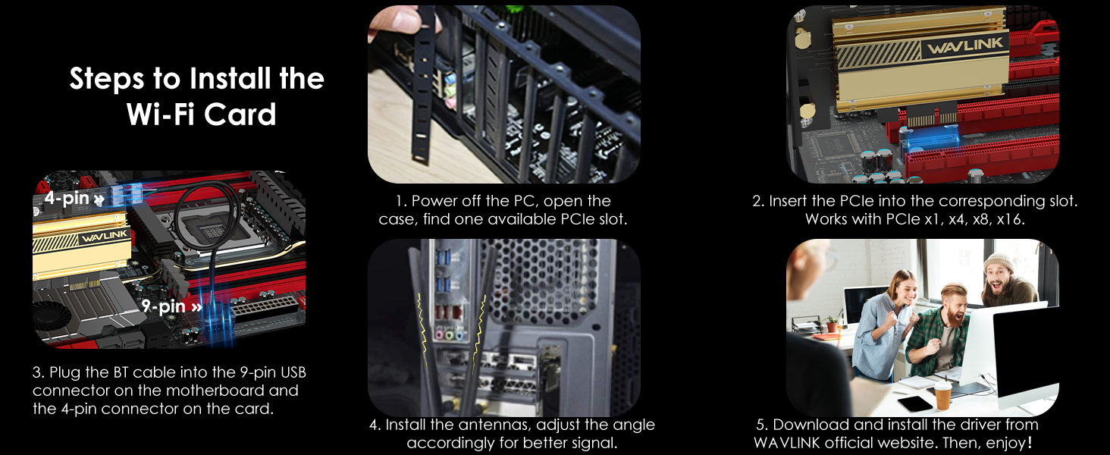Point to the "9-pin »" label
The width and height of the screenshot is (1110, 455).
[x=171, y=306]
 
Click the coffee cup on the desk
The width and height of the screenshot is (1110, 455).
[x=942, y=395]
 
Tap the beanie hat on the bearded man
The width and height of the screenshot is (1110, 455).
[x=999, y=263]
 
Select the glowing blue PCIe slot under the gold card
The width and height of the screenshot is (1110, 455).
[x=931, y=140]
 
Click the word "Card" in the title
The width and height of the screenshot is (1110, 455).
[x=240, y=115]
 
